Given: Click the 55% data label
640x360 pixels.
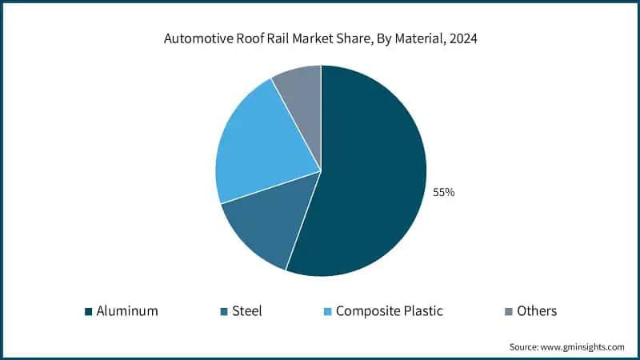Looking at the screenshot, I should click(x=444, y=192).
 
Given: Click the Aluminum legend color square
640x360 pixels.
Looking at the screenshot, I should click(x=88, y=311).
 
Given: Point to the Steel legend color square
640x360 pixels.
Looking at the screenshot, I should click(x=225, y=311).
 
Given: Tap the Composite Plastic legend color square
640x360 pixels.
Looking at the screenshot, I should click(x=327, y=311).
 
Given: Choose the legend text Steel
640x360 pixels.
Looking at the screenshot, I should click(x=248, y=311).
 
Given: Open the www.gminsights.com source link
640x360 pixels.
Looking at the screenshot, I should click(x=583, y=347).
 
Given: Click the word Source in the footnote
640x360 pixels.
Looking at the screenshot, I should click(x=525, y=347).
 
